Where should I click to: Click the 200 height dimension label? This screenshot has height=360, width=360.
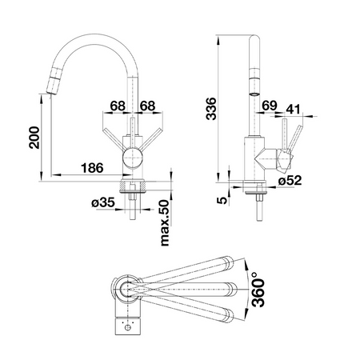[34, 138]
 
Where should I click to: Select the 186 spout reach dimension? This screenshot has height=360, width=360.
[92, 168]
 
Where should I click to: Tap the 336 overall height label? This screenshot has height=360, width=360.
[211, 109]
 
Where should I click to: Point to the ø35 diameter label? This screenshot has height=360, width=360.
[103, 202]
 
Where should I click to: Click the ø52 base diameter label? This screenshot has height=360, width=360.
[290, 181]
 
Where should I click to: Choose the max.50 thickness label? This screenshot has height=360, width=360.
[165, 223]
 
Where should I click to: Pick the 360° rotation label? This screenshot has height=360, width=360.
[258, 290]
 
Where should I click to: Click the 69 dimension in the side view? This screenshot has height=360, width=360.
[270, 106]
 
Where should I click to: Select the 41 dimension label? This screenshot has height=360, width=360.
[293, 109]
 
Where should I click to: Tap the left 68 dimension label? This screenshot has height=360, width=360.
[118, 106]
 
